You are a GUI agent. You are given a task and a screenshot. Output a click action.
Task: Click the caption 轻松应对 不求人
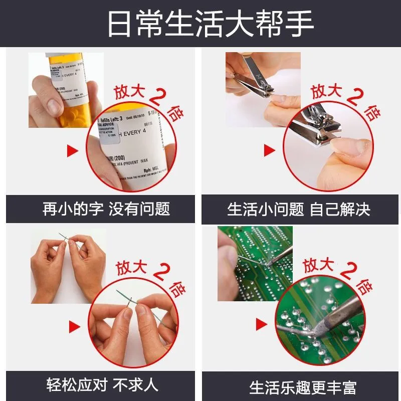(x=102, y=385)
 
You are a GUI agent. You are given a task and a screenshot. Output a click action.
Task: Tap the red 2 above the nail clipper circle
(x=354, y=96)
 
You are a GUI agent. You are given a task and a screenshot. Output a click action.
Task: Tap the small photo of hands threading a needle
(x=68, y=265)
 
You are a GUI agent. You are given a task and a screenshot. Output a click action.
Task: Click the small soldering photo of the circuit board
(x=255, y=263)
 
